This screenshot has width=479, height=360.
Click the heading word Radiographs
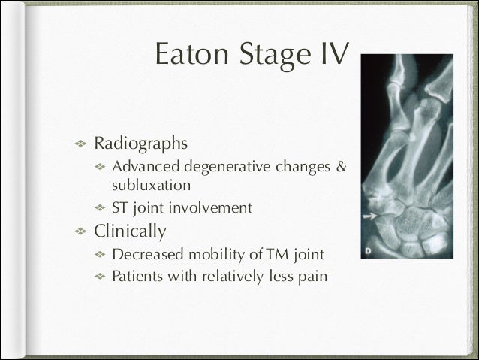point(139,142)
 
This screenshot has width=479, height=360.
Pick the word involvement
point(212,207)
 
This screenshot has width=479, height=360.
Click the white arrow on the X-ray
point(369,216)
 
